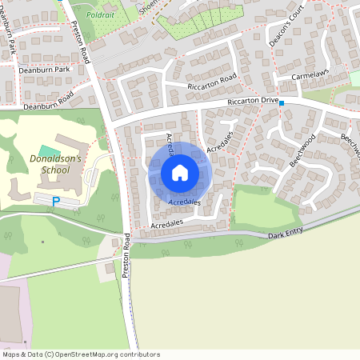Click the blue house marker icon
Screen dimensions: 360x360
point(180,173)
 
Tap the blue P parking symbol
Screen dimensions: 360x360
point(55,202)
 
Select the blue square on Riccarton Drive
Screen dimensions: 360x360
point(282,103)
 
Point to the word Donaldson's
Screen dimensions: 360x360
point(50,158)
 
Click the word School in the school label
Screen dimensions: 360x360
point(55,170)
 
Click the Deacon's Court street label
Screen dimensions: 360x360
point(278,28)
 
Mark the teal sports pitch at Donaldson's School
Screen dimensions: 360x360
point(48,150)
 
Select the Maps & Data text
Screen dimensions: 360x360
point(22,354)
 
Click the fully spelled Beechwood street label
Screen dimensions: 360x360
point(303,150)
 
